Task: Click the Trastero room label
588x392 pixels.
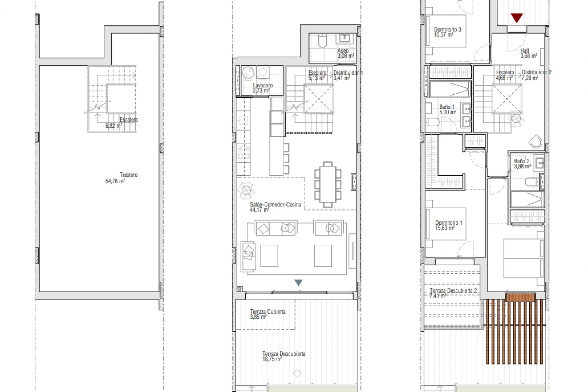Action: coord(128,175)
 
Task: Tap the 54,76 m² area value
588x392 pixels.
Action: coord(115,181)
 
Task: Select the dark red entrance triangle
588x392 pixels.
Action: coord(517,18)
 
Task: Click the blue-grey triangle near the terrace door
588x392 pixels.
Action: coord(298,282)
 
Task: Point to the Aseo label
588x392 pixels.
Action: coord(343,51)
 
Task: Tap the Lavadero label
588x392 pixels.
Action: coord(262,85)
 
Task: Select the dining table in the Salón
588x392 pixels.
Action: coord(328,185)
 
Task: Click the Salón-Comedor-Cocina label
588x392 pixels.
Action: coord(275,204)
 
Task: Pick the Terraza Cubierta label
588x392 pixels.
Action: coord(267,311)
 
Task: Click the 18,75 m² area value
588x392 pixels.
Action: coord(272,359)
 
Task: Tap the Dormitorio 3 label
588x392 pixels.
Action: coord(447,29)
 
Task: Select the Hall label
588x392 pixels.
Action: coord(524,51)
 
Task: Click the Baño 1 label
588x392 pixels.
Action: coord(447,107)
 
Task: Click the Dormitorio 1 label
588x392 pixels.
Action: coord(449,223)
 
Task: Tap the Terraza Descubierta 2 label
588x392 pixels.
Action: coord(453,290)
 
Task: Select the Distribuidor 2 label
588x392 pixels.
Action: coord(536,72)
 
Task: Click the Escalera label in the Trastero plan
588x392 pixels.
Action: coord(129,119)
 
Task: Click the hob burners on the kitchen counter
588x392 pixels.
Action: coord(243,153)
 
